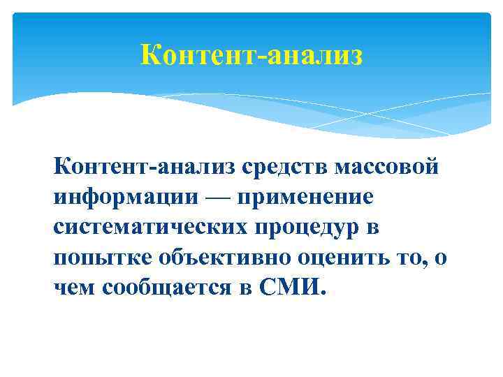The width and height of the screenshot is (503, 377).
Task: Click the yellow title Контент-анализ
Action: [x=251, y=54]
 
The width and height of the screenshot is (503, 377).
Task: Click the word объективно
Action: [x=222, y=258]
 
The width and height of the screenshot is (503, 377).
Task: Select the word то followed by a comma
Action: [x=410, y=258]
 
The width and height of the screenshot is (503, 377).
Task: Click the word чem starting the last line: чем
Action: [x=74, y=288]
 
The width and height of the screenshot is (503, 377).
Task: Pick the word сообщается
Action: [x=165, y=288]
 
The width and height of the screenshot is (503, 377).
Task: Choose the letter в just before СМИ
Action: [x=245, y=289]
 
